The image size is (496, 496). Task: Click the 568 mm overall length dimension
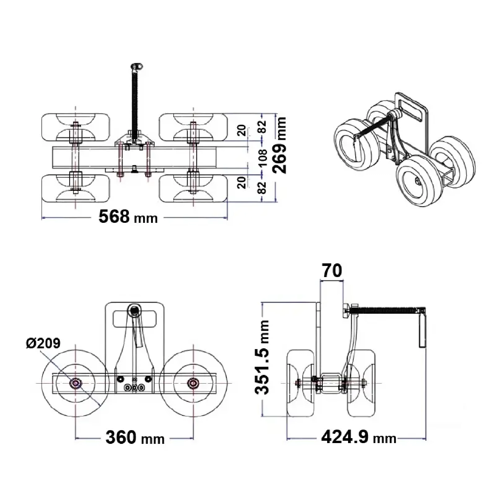click(128, 217)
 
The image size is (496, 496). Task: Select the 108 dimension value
click(263, 158)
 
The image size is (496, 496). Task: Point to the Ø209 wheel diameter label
click(43, 343)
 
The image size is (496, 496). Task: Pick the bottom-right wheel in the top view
click(193, 188)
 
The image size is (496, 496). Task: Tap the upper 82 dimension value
click(263, 127)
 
